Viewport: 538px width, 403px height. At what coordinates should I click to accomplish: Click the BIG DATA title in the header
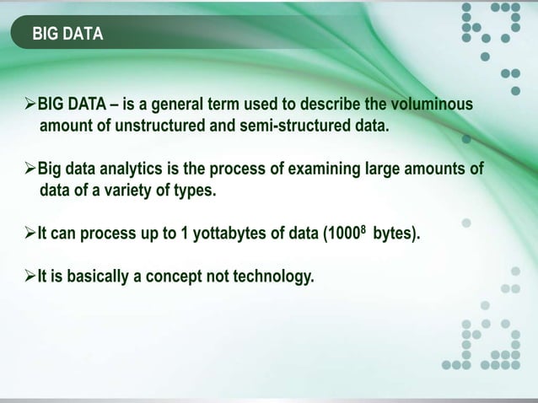(67, 35)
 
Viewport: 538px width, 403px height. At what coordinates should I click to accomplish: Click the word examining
(309, 169)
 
